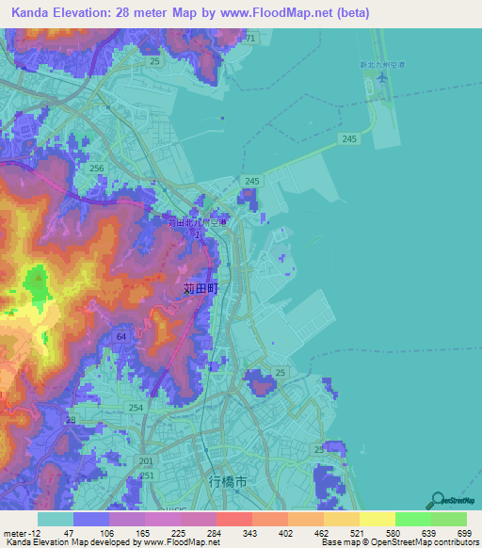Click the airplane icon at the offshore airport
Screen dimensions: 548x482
click(x=381, y=77)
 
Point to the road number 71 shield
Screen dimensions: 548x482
click(x=249, y=38)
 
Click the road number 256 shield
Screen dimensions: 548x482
click(x=96, y=168)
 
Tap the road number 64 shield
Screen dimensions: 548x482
click(x=121, y=336)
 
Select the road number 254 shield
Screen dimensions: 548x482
click(x=137, y=407)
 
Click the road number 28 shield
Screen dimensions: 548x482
click(x=71, y=420)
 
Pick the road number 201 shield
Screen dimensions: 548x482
click(x=144, y=460)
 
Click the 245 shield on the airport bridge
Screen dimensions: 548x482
click(x=349, y=138)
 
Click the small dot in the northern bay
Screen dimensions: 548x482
click(x=222, y=118)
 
